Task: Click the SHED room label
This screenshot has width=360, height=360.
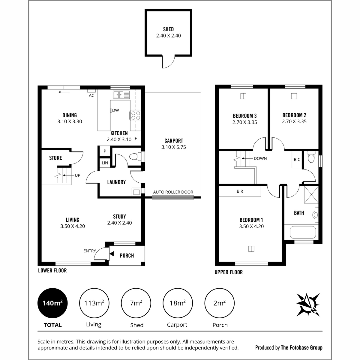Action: click(168, 29)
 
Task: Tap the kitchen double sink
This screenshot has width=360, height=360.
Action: click(121, 95)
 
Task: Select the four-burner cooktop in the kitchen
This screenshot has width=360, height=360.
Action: click(136, 115)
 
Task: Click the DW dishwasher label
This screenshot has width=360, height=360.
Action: click(115, 110)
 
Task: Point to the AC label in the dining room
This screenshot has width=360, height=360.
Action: click(91, 96)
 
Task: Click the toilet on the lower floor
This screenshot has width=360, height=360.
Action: click(135, 157)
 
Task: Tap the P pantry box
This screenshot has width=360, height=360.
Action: click(105, 151)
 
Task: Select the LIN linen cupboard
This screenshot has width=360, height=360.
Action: click(105, 163)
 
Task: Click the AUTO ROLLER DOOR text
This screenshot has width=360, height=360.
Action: click(173, 192)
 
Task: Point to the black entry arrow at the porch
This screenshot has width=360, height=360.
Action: click(112, 254)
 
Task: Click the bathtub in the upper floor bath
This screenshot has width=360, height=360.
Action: click(303, 232)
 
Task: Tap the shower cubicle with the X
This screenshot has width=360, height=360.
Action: click(311, 194)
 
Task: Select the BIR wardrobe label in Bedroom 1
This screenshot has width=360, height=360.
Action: click(240, 191)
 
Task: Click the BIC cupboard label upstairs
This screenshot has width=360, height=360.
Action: click(297, 160)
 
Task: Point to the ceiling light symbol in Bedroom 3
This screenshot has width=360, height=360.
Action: click(243, 96)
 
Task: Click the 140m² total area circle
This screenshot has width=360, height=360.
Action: click(52, 303)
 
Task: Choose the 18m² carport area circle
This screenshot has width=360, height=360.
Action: click(178, 303)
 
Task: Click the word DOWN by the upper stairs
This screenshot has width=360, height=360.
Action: click(260, 158)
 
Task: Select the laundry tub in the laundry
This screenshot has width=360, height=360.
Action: click(136, 192)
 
